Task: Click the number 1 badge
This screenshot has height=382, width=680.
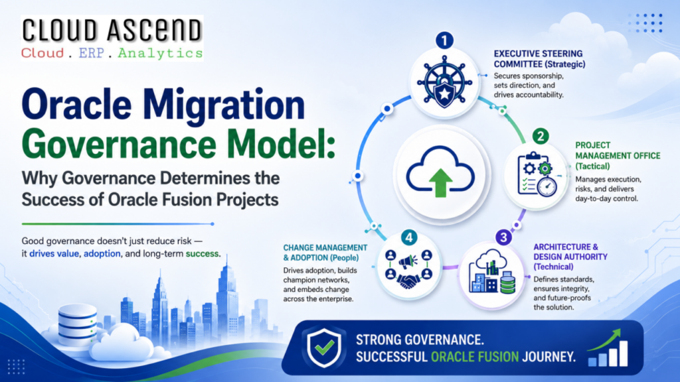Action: coord(444,40)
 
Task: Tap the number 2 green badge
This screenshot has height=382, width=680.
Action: coord(541,137)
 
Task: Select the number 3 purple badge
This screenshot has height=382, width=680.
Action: coord(503,237)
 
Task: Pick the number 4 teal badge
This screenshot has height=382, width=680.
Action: coord(409,237)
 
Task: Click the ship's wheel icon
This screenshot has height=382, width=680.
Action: coord(444,82)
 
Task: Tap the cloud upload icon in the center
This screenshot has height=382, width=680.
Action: coord(441,172)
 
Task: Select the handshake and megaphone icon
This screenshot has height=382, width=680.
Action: coord(408,269)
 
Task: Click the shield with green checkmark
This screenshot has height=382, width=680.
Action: coord(324,347)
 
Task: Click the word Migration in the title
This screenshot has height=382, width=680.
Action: coord(224,105)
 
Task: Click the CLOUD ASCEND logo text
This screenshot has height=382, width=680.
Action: coord(112,31)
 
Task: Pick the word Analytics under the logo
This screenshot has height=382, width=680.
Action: coord(160,53)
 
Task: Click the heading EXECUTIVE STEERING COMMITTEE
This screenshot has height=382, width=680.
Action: coord(539,59)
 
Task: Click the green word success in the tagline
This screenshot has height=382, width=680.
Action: coord(202,254)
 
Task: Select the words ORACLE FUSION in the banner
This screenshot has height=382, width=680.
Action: coord(475,357)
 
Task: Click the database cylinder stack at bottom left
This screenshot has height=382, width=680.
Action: coord(77,324)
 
